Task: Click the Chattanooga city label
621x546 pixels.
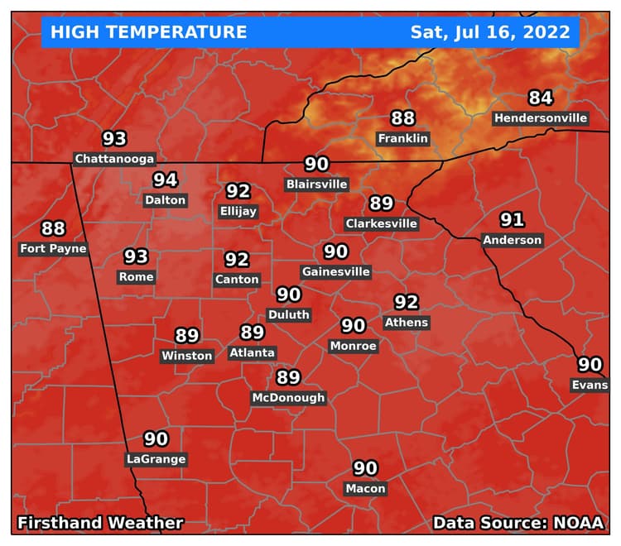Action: coord(114,158)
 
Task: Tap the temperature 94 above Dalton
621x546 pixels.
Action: coord(165,180)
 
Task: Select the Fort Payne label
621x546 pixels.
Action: coord(53,248)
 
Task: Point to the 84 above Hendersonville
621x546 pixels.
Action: coord(541,98)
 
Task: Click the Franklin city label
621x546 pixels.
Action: coord(402,138)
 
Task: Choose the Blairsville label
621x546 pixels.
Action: coord(316,184)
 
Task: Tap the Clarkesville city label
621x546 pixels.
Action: coord(381,223)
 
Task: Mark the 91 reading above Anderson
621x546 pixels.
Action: coord(512,220)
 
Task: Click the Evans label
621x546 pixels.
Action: coord(589,385)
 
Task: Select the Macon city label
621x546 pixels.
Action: coord(365,488)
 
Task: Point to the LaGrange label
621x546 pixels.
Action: coord(156,459)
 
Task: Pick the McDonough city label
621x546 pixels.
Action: coord(288,398)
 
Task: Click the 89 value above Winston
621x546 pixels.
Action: coord(187,336)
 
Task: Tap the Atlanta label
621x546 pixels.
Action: coord(252,352)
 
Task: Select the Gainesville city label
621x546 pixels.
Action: coord(335,271)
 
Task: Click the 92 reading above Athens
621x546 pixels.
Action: coord(406,302)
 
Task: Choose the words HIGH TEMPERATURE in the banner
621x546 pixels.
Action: coord(148,32)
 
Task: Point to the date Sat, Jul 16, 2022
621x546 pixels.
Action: coord(490,32)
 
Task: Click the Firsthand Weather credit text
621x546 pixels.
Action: coord(100,523)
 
